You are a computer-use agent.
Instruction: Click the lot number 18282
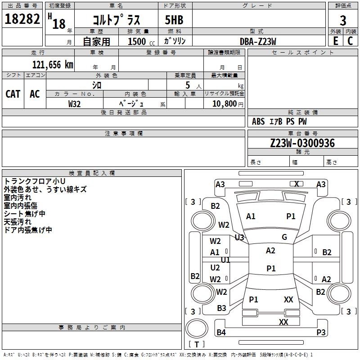22,19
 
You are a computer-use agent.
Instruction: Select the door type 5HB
174,20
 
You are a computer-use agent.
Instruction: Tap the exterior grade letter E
336,41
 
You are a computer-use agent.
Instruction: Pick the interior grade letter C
350,41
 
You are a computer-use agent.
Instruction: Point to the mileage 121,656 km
53,65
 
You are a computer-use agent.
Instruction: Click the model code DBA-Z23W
258,41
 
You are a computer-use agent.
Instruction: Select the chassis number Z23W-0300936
302,143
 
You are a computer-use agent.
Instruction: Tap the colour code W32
74,104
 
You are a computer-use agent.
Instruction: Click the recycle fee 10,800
225,104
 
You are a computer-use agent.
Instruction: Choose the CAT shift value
13,94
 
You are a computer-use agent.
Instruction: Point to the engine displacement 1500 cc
141,41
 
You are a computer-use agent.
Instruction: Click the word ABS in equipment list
258,121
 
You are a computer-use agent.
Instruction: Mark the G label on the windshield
284,237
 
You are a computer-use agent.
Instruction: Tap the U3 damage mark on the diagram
239,238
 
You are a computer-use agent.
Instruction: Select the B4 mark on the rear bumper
221,332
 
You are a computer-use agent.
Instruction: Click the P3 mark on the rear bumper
321,332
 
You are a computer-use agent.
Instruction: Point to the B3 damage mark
221,308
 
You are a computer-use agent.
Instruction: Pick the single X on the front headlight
297,184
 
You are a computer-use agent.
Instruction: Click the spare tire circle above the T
197,328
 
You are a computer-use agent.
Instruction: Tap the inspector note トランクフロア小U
35,181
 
